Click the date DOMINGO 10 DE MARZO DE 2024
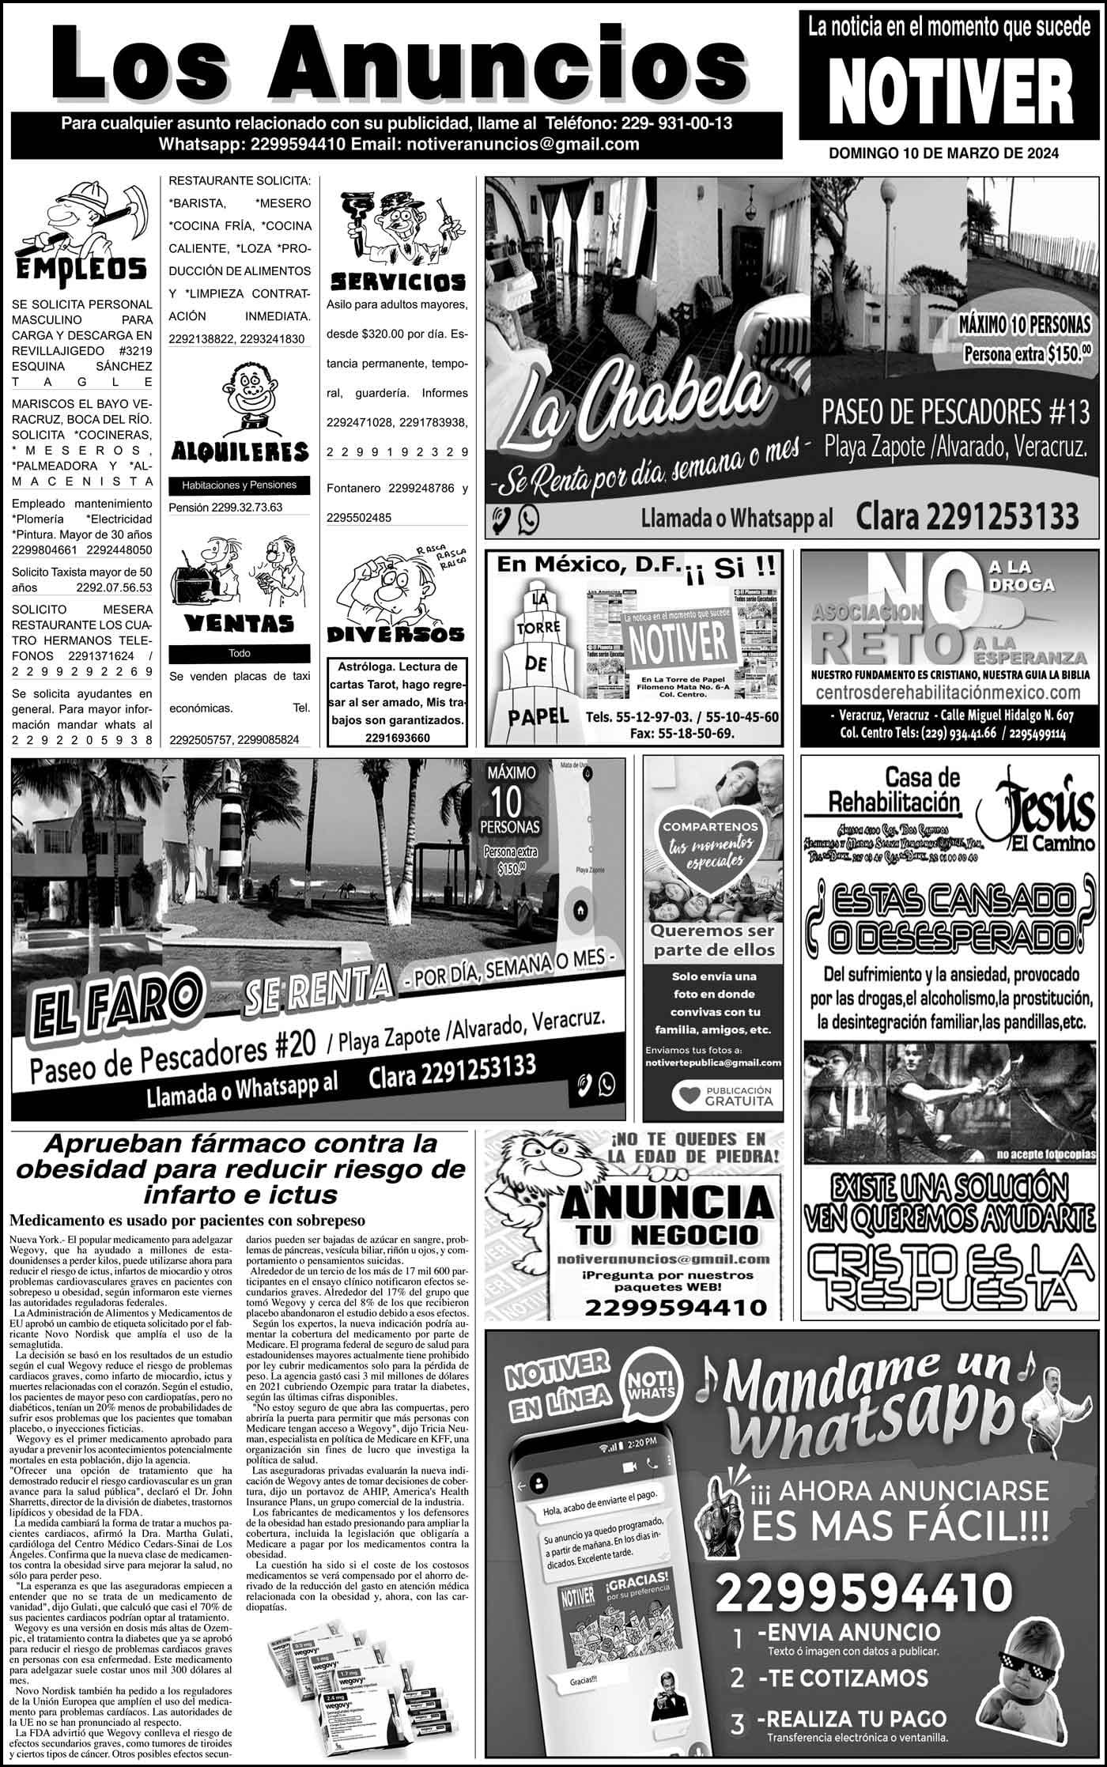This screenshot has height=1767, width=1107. [x=943, y=153]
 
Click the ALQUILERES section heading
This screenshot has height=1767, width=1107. [x=240, y=451]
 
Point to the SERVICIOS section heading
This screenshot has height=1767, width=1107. [x=397, y=281]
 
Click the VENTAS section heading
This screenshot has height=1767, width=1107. [x=239, y=624]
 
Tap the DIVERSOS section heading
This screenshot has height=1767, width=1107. [x=396, y=634]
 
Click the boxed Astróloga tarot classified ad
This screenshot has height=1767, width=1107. [x=397, y=702]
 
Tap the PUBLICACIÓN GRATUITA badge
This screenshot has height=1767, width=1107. [x=722, y=1096]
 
